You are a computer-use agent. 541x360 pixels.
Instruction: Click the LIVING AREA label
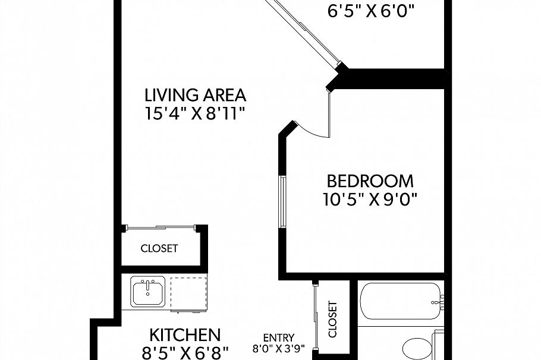point(196,95)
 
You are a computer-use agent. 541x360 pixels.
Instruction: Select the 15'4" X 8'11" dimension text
point(196,113)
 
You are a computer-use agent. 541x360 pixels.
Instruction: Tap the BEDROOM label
point(370,181)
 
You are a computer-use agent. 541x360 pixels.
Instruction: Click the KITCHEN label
point(185,334)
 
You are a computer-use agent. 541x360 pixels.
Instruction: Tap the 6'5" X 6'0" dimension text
point(371,11)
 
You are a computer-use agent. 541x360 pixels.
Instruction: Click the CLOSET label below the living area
point(159,248)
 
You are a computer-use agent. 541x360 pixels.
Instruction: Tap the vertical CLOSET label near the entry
point(332,319)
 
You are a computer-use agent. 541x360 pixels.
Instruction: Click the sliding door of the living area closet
point(160,226)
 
